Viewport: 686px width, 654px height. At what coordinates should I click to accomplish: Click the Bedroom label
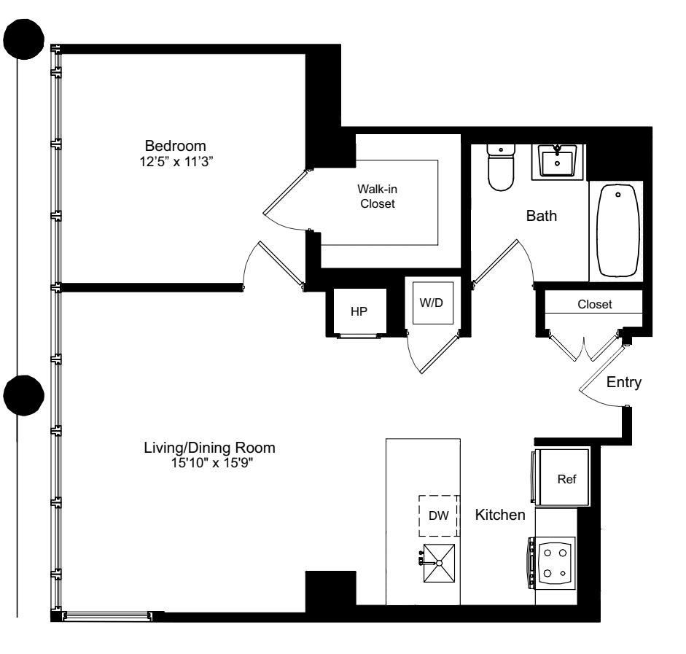pyautogui.click(x=175, y=144)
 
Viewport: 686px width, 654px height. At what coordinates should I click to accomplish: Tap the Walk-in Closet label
pyautogui.click(x=378, y=196)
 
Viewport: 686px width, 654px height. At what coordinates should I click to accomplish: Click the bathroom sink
pyautogui.click(x=558, y=161)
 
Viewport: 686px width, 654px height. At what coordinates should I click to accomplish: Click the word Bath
pyautogui.click(x=542, y=217)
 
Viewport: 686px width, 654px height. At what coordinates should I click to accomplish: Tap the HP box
pyautogui.click(x=357, y=311)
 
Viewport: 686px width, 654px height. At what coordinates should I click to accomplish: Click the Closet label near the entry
pyautogui.click(x=594, y=304)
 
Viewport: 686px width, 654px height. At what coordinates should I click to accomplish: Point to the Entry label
pyautogui.click(x=623, y=383)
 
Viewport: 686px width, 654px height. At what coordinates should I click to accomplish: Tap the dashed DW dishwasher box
pyautogui.click(x=437, y=515)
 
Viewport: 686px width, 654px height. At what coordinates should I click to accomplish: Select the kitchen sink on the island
pyautogui.click(x=440, y=563)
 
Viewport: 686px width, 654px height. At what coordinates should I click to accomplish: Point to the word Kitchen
pyautogui.click(x=500, y=515)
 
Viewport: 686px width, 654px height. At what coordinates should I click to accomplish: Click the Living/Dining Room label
pyautogui.click(x=210, y=447)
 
